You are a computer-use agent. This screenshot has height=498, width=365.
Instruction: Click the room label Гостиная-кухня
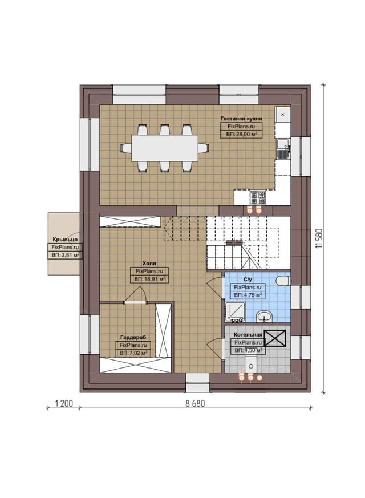click(x=241, y=119)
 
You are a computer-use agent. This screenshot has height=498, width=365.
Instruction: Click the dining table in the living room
click(x=165, y=148)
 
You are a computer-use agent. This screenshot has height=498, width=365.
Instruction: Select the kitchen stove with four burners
click(x=258, y=197)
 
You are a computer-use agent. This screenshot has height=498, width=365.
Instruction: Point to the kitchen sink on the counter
click(x=282, y=149)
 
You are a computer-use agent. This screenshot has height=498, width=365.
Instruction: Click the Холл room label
click(x=149, y=264)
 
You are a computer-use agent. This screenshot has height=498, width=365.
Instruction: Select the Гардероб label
click(x=133, y=337)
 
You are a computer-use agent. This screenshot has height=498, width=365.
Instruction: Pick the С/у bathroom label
click(x=248, y=280)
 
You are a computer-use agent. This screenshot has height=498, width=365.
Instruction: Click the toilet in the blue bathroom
click(x=283, y=281)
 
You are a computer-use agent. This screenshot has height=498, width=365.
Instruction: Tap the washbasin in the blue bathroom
click(x=264, y=317)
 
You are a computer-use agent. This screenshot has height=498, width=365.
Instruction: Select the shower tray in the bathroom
click(x=235, y=311)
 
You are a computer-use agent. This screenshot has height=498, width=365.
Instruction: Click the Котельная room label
click(x=248, y=334)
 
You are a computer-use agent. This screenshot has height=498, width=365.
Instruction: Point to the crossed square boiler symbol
click(x=275, y=338)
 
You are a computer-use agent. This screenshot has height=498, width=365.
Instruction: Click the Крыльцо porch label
click(x=65, y=240)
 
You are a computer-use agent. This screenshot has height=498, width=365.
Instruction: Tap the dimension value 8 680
click(x=195, y=404)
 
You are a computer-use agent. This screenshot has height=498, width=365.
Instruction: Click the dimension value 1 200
click(x=64, y=404)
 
